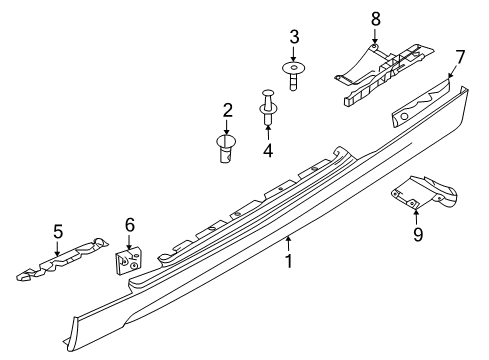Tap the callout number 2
(x=227, y=110)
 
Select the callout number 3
(x=293, y=38)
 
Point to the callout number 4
(x=268, y=151)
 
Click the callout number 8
(x=375, y=18)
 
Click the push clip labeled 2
(x=227, y=149)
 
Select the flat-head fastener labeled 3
(x=293, y=73)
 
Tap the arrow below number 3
(x=293, y=54)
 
